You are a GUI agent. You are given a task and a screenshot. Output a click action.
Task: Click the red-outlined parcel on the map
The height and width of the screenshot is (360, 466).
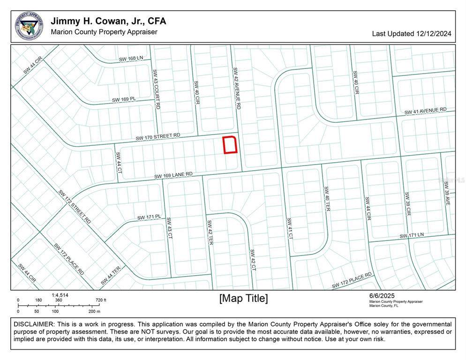pos(230,145)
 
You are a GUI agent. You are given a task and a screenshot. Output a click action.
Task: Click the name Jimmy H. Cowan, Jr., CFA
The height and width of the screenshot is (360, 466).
pos(108,21)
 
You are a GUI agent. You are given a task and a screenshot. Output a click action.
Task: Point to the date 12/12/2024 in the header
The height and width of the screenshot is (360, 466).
pos(434,34)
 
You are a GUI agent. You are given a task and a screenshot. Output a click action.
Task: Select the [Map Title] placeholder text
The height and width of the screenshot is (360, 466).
pos(244,299)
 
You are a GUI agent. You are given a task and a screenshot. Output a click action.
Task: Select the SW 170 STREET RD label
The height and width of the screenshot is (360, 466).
pos(158,137)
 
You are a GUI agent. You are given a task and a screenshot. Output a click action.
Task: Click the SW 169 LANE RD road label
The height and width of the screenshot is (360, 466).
pos(173,175)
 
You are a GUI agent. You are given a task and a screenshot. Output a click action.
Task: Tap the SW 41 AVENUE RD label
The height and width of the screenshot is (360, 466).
pos(426,111)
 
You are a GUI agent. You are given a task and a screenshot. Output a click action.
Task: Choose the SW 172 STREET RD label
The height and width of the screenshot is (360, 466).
pos(75,206)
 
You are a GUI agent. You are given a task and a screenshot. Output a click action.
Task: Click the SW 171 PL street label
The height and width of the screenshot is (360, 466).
pos(149,217)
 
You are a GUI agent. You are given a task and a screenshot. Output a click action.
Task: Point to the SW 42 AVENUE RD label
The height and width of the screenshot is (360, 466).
pos(237,89)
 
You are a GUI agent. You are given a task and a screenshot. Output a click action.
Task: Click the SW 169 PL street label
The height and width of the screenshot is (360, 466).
pos(124,99)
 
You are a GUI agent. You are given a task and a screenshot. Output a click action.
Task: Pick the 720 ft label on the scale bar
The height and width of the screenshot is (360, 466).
pos(101,300)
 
